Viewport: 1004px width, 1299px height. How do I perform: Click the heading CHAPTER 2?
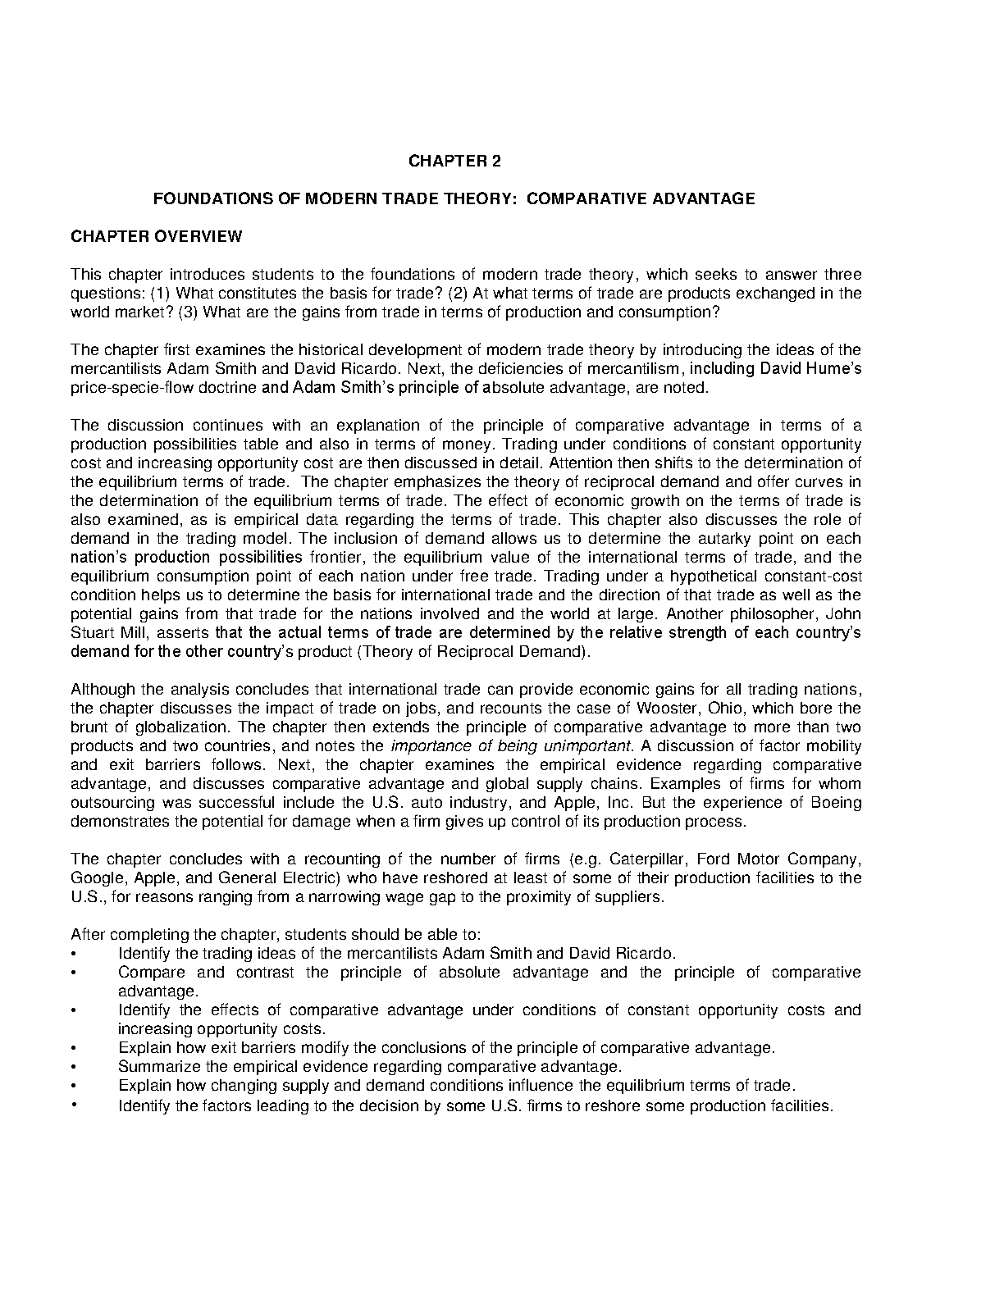coord(454,161)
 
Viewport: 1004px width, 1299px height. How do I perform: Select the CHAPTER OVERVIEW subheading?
coord(157,237)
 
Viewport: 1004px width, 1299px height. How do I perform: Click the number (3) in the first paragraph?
coord(188,312)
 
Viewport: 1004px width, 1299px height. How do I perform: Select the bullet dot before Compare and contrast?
coord(74,973)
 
